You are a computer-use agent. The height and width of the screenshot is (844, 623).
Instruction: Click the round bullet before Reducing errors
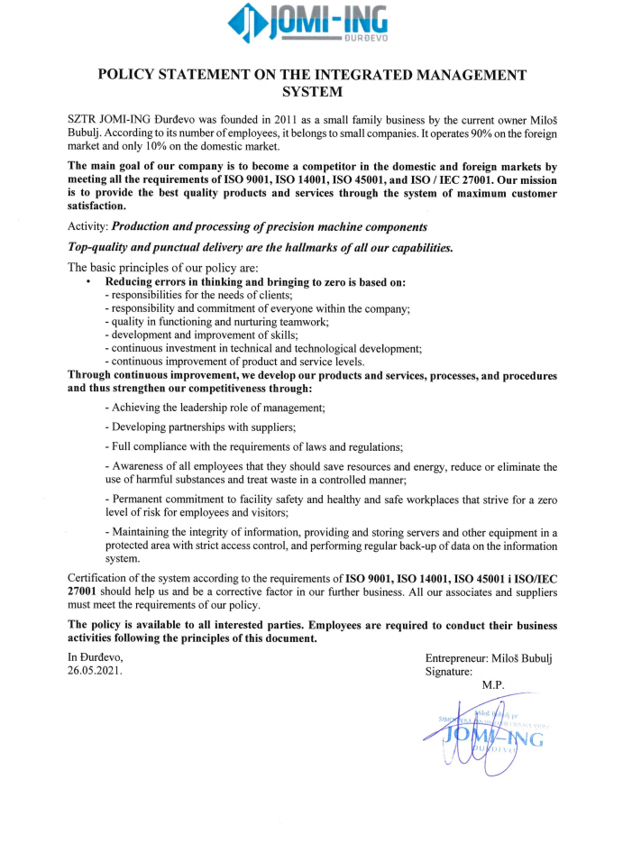click(88, 282)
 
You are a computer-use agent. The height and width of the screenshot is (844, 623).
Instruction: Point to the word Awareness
click(140, 466)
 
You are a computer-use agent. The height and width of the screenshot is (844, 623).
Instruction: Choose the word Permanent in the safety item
click(140, 498)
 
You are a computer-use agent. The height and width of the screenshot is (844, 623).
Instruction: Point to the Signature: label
click(448, 672)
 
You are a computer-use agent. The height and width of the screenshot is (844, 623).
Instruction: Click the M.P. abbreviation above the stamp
click(494, 685)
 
